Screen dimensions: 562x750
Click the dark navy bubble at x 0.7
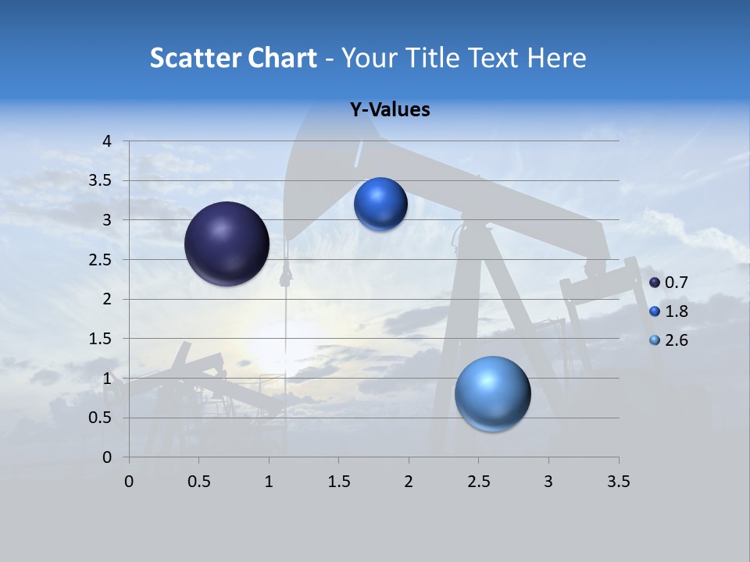tap(227, 244)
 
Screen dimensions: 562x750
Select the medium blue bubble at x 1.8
tap(380, 205)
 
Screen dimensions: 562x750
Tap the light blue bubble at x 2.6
tap(492, 393)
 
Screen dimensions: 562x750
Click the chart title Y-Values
tap(389, 110)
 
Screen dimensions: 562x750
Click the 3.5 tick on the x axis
tap(618, 482)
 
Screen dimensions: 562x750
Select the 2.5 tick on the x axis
tap(478, 482)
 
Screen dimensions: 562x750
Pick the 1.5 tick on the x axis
tap(338, 482)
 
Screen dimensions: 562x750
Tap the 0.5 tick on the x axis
tap(198, 482)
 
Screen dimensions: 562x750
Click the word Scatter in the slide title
tap(195, 58)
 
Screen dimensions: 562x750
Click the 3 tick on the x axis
tap(548, 482)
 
